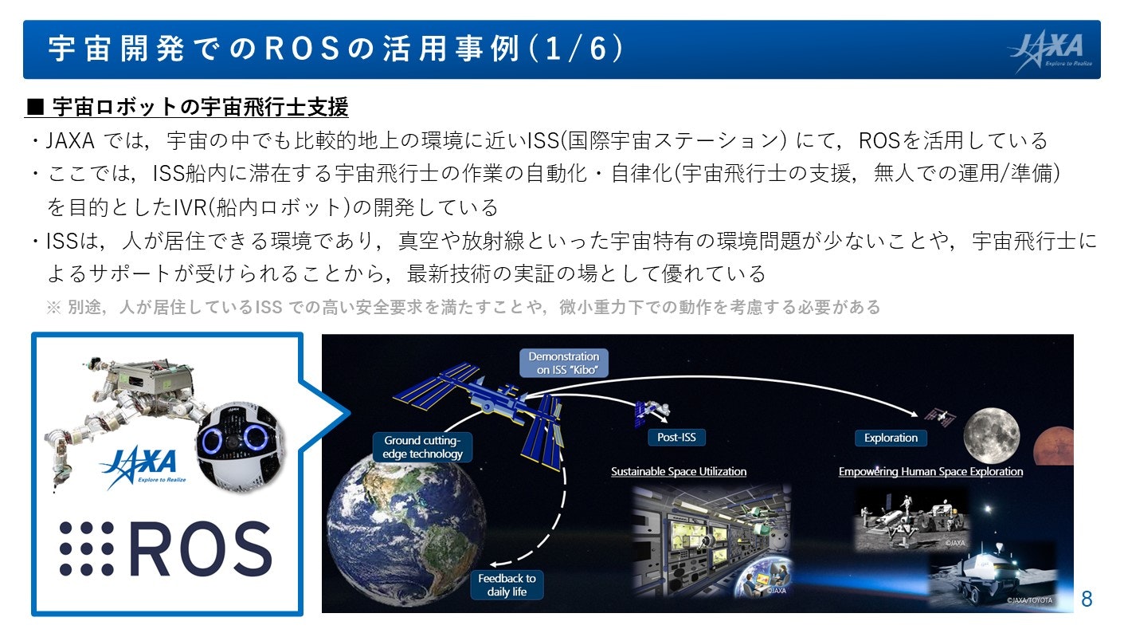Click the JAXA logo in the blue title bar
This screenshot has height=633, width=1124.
1051,50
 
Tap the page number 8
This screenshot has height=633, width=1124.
1087,599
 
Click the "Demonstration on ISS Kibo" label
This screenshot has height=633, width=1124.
563,364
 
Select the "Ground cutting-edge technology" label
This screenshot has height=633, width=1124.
422,447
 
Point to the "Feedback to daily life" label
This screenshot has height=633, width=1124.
507,585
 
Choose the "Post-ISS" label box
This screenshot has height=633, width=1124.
676,437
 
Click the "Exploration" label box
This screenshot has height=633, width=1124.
891,438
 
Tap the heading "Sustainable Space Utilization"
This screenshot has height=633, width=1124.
679,472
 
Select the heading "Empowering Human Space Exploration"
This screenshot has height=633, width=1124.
930,472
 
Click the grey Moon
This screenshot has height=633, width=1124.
992,435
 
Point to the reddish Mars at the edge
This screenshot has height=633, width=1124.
1055,446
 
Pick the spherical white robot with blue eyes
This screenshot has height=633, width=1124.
240,445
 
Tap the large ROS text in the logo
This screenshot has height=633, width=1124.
201,548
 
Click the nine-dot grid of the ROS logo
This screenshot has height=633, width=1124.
86,548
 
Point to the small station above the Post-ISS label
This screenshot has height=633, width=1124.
652,412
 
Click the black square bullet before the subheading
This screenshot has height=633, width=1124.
35,107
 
